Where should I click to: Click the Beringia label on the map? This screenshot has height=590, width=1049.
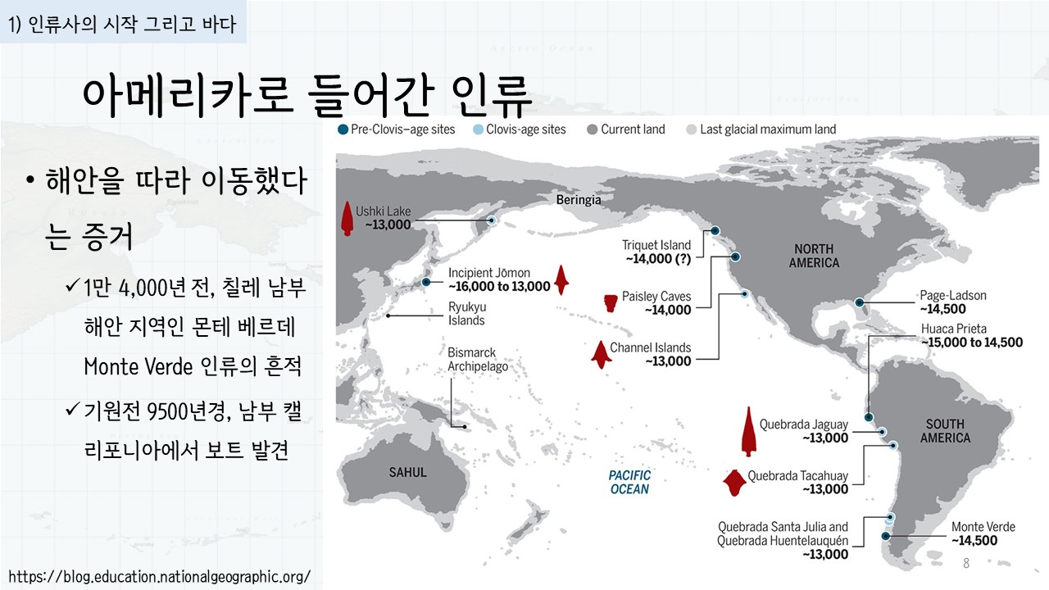[x=579, y=200]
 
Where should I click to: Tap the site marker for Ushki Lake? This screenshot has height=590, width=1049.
[x=491, y=220]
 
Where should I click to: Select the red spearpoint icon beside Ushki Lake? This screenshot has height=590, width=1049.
[x=347, y=219]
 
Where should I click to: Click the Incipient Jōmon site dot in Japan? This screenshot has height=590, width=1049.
[x=425, y=282]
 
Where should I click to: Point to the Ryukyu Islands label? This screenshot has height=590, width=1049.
[x=467, y=314]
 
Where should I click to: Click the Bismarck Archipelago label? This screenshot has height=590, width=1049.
[x=478, y=359]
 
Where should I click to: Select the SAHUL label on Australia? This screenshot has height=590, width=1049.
[x=407, y=473]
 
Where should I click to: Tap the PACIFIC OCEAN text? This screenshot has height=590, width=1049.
[x=630, y=483]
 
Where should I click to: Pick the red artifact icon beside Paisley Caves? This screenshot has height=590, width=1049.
[x=611, y=303]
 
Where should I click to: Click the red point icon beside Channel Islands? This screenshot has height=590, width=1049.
[x=601, y=355]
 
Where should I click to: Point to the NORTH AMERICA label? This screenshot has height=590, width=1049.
[x=814, y=256]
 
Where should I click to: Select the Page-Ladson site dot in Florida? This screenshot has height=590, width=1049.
[x=860, y=302]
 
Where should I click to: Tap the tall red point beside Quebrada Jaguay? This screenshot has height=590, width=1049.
[x=749, y=431]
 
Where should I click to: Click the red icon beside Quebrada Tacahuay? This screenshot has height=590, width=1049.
[x=734, y=483]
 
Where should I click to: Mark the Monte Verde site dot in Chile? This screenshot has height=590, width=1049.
[x=885, y=536]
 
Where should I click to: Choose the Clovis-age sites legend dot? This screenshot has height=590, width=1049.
[x=478, y=129]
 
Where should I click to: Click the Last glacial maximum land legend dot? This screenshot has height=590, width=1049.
[x=691, y=129]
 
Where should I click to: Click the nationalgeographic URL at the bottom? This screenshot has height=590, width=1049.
[x=159, y=576]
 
